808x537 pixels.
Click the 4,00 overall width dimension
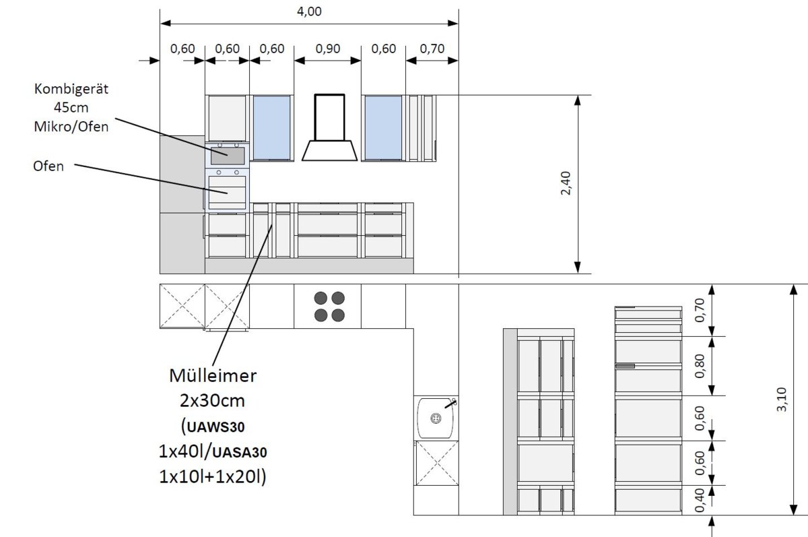pos(309,11)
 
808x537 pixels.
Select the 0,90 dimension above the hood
pos(327,49)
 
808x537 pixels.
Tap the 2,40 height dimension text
pos(566,183)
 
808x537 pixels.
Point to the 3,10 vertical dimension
pos(781,399)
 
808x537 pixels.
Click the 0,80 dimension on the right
pos(700,366)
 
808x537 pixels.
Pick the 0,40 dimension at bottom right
pos(700,500)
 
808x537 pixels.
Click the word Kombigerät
pos(71,89)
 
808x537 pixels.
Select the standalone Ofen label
pos(48,166)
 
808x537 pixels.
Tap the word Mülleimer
pos(213,376)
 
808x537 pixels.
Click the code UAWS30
pos(215,427)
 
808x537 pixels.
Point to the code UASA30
pos(240,453)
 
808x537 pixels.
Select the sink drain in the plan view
pos(436,418)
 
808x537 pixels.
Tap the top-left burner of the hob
pos(321,298)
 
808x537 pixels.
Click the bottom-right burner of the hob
pos(338,315)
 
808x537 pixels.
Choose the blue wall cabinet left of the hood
pos(271,127)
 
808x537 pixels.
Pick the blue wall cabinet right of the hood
pos(383,127)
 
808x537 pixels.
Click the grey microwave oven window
pos(228,156)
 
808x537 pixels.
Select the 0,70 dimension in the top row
pos(432,49)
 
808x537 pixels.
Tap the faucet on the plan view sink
pos(451,404)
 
